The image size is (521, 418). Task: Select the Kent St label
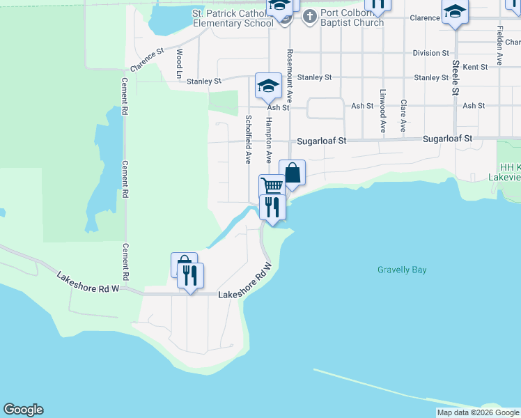474,67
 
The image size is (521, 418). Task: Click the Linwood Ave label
382,111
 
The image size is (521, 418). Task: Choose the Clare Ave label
403,116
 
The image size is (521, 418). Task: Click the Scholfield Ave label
247,139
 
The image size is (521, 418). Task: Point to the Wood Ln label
179,63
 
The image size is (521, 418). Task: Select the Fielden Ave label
500,46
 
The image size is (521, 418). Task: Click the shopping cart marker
272,186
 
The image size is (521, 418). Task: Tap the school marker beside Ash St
268,86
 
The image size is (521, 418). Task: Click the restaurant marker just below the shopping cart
272,207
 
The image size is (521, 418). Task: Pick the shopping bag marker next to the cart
293,172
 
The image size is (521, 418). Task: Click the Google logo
23,410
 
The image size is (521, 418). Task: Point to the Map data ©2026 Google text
478,412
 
